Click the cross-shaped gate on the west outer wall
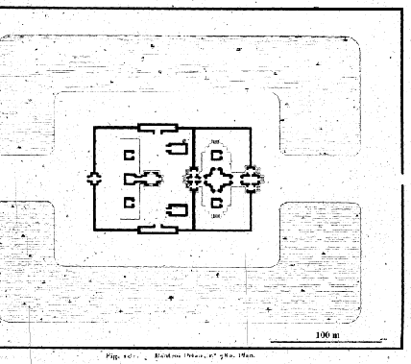pyautogui.click(x=94, y=179)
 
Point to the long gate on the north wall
pyautogui.click(x=157, y=128)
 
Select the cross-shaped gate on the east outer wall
pyautogui.click(x=254, y=179)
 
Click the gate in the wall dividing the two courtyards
pyautogui.click(x=194, y=179)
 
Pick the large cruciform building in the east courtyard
pyautogui.click(x=221, y=179)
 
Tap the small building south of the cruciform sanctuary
pyautogui.click(x=217, y=203)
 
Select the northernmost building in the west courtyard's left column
pyautogui.click(x=128, y=155)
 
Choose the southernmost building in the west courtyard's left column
pyautogui.click(x=128, y=203)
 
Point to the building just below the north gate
pyautogui.click(x=177, y=147)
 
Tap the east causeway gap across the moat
pyautogui.click(x=326, y=179)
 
